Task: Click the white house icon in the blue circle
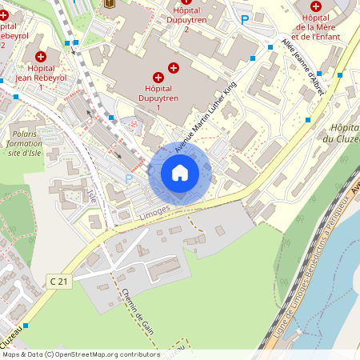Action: click(x=179, y=172)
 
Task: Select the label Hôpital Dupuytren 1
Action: click(x=158, y=97)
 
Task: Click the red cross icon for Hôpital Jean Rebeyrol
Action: click(x=41, y=56)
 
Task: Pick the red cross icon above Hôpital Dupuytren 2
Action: click(x=186, y=2)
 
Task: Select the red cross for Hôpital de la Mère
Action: click(x=316, y=6)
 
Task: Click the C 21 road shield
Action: click(x=58, y=281)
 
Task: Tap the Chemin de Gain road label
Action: click(x=127, y=311)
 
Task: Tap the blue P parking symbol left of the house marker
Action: click(x=129, y=179)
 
